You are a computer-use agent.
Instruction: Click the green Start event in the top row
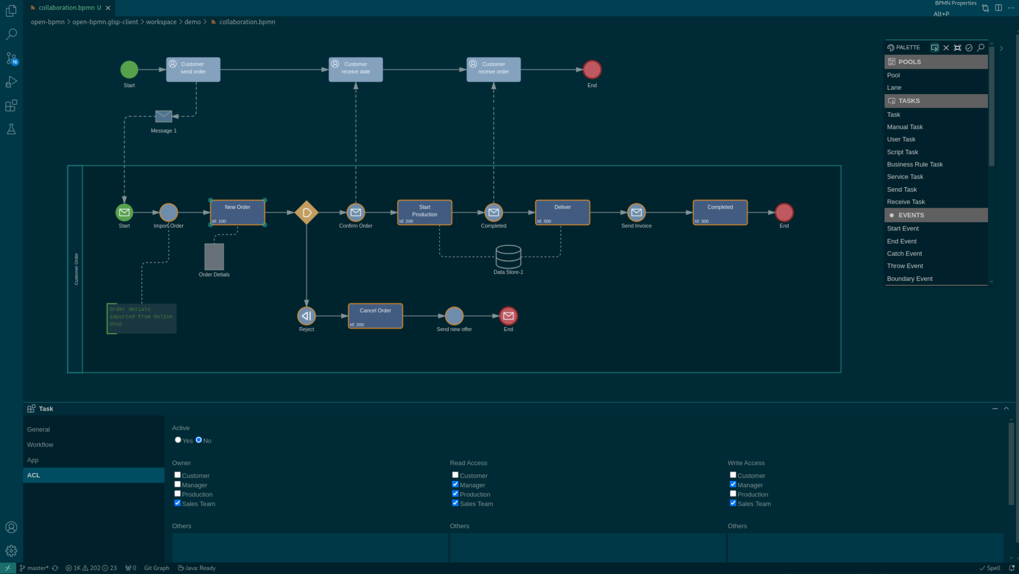point(129,70)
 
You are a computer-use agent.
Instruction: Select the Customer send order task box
point(193,69)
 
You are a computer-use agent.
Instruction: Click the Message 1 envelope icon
point(164,116)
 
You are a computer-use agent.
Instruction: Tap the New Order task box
point(237,213)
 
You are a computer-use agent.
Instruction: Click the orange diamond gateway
point(306,213)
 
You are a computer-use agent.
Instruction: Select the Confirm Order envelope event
point(355,213)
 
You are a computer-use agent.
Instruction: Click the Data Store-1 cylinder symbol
point(508,256)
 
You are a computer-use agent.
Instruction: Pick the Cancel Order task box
point(375,316)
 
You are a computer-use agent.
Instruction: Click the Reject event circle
point(306,316)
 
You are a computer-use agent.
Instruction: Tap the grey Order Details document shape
point(214,257)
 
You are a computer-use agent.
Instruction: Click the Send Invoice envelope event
point(636,213)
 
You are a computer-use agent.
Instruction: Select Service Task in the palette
point(905,177)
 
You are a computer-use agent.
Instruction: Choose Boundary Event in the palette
point(909,279)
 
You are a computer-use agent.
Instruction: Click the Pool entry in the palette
point(893,75)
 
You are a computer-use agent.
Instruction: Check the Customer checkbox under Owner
point(178,475)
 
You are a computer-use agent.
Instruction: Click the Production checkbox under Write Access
point(733,494)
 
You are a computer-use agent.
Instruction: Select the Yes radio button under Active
point(178,440)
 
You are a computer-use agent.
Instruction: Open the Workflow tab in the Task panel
point(40,445)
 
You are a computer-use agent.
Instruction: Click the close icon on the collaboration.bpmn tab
point(108,8)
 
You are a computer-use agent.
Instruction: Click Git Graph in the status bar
point(156,568)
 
